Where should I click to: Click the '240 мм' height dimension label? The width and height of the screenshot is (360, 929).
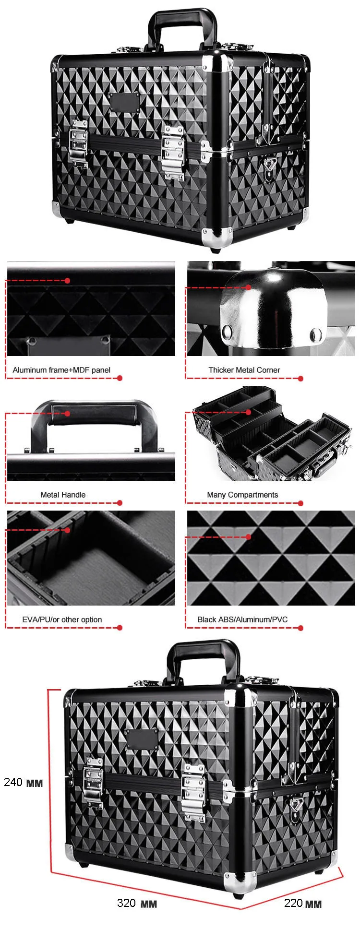click(23, 782)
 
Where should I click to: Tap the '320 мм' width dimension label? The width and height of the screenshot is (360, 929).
click(137, 903)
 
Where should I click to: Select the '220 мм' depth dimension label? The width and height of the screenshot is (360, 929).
click(302, 903)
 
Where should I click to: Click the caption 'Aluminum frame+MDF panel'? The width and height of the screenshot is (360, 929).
click(61, 370)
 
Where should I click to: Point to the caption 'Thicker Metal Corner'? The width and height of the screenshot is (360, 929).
click(244, 370)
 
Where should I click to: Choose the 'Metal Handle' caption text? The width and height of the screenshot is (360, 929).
click(63, 495)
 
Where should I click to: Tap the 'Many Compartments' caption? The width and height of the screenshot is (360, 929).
click(242, 495)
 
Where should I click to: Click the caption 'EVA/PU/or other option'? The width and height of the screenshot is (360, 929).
click(62, 619)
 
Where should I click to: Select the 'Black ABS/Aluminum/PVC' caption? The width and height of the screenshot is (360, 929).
click(242, 619)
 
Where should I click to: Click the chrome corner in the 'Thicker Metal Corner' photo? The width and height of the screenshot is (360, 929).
click(271, 307)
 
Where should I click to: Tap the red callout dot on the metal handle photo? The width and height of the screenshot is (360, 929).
click(68, 413)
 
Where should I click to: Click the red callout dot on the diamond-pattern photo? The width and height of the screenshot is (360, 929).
click(248, 537)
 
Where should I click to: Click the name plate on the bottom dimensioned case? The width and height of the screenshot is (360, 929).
click(142, 739)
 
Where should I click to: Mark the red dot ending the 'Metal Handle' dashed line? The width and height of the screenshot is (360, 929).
click(120, 503)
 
